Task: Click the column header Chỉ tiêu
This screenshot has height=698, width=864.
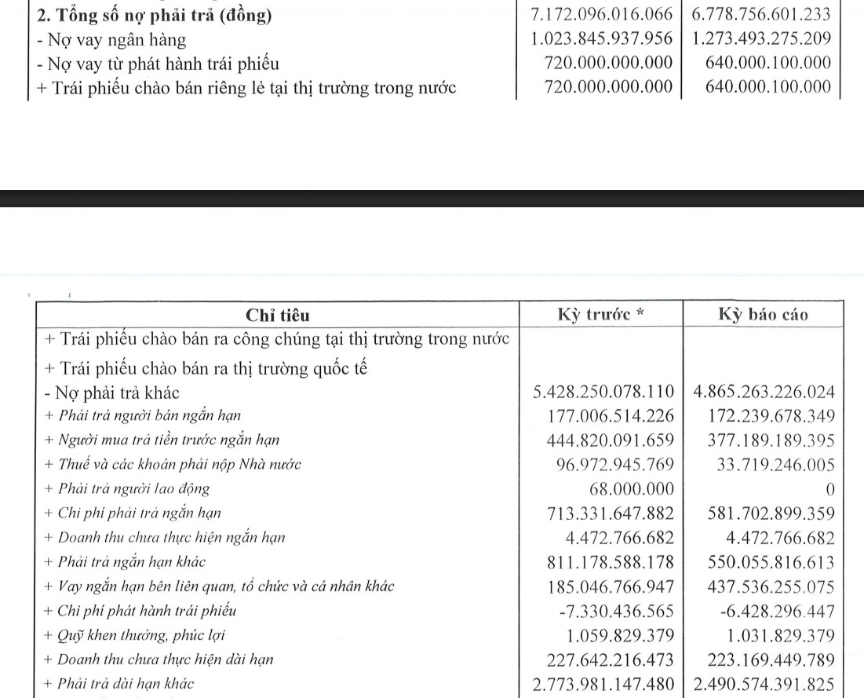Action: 277,316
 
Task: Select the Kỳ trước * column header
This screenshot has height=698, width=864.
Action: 601,315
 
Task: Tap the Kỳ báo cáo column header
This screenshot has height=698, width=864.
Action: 764,315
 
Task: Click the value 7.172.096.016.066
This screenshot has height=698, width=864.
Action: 602,15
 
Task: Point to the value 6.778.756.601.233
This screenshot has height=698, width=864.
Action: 761,15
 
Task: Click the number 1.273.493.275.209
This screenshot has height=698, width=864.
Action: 761,39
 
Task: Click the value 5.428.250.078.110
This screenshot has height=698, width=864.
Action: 602,392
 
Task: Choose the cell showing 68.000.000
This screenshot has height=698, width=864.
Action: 631,488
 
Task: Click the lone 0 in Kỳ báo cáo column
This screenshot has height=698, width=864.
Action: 829,489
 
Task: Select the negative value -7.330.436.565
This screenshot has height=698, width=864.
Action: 614,611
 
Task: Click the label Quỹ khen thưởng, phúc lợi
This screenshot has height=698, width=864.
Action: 136,635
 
